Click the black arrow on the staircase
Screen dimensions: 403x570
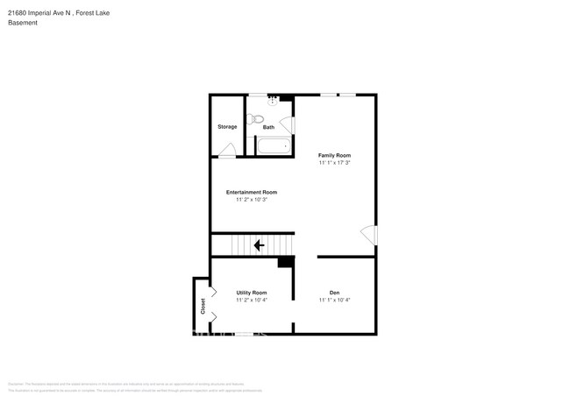(x=259, y=245)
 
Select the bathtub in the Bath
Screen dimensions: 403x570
(x=274, y=146)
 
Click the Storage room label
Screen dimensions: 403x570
(x=227, y=127)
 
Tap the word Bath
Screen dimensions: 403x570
(x=268, y=127)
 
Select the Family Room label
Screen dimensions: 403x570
(x=334, y=155)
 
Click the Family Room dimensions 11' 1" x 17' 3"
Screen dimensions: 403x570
(x=334, y=163)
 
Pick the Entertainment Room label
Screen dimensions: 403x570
(x=252, y=192)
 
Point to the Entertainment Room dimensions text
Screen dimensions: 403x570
(x=252, y=200)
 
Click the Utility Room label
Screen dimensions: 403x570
(x=252, y=293)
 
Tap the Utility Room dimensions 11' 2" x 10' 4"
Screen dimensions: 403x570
(x=252, y=300)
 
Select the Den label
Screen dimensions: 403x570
(x=334, y=293)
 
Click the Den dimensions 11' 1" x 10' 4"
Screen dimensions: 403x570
(x=334, y=300)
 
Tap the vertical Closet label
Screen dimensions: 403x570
(x=203, y=307)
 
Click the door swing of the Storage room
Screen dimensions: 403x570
(x=226, y=152)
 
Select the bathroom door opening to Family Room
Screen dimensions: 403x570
(x=288, y=125)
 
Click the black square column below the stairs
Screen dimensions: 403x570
(x=285, y=262)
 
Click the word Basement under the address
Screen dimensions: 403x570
(x=23, y=23)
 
